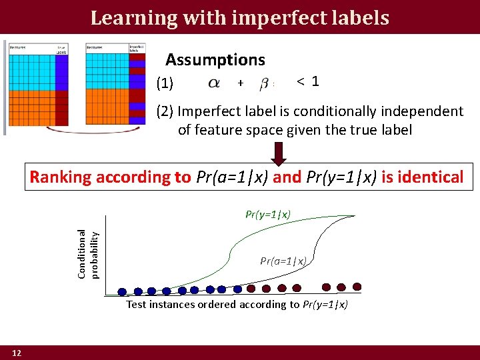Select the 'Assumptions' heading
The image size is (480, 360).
215,60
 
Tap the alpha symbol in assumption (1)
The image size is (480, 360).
213,83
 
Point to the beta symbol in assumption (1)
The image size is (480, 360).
265,84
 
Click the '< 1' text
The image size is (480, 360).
307,81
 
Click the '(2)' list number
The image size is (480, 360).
165,111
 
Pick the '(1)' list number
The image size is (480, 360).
165,84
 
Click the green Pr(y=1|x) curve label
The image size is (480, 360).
268,214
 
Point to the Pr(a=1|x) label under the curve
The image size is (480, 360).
283,261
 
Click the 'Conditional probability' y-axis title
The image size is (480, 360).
88,254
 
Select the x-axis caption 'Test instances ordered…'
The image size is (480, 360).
237,305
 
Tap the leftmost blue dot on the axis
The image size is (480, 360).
122,291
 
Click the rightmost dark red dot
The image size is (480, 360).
357,287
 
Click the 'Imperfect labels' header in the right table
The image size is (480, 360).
137,48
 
